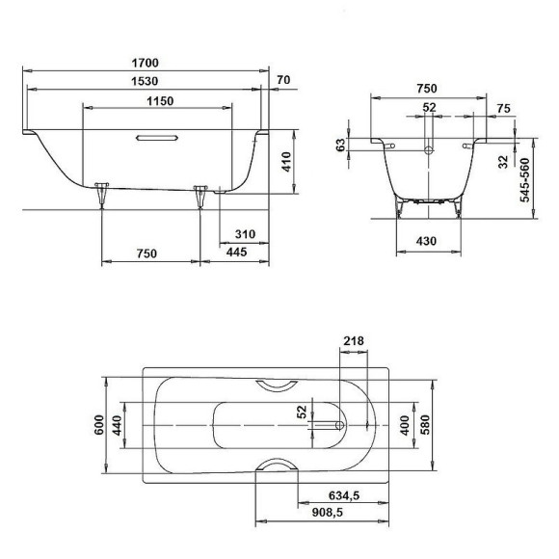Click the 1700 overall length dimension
tap(146, 64)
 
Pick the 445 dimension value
tap(235, 253)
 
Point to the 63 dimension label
tap(353, 145)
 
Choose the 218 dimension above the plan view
tap(353, 341)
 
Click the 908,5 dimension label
tap(343, 515)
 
